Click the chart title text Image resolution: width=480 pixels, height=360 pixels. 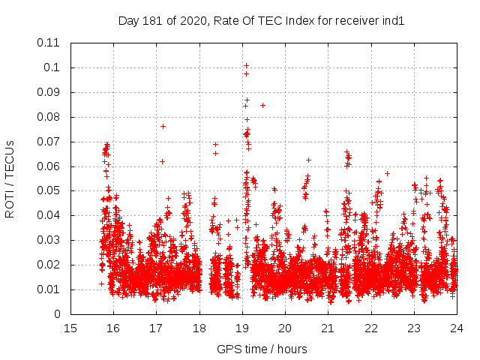pos(262,21)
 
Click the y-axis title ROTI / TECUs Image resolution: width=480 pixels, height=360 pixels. pos(10,178)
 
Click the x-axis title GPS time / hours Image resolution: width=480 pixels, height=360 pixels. pos(262,349)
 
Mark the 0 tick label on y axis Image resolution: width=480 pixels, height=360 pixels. pos(58,314)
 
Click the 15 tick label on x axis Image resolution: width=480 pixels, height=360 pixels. pos(70,328)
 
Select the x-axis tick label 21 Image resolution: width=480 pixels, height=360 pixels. pos(328,328)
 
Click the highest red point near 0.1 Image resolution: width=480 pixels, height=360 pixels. pos(246,65)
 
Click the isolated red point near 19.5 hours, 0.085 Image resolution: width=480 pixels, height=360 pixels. pos(262,105)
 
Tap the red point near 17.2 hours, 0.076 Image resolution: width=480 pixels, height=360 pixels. pos(163,126)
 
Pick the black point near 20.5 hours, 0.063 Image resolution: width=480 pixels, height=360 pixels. pos(308,160)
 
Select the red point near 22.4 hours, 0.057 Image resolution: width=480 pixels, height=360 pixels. pos(387,173)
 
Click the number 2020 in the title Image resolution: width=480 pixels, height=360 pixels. pos(190,21)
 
